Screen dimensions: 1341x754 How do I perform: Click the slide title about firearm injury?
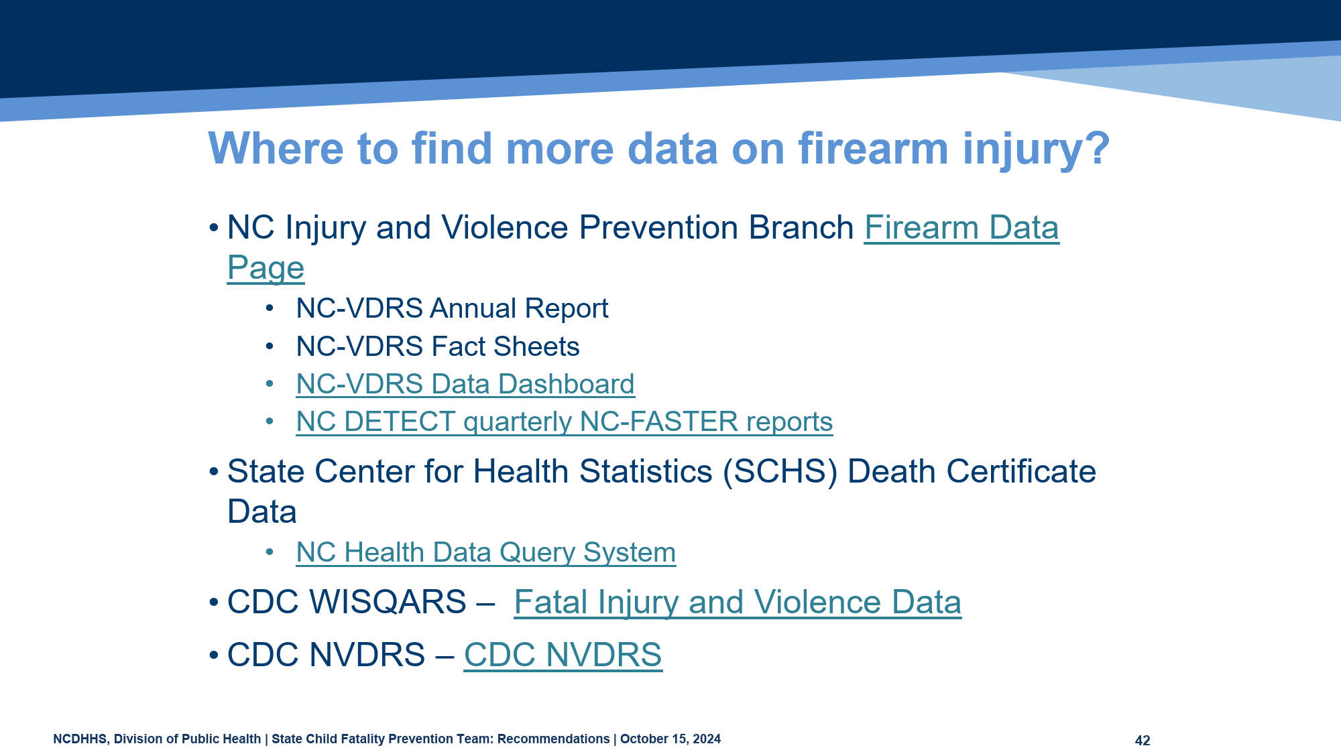pyautogui.click(x=659, y=148)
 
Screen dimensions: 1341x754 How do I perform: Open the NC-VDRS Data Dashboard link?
pyautogui.click(x=465, y=384)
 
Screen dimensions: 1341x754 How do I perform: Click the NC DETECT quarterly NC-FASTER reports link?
pyautogui.click(x=565, y=422)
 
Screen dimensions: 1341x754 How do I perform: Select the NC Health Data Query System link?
pyautogui.click(x=486, y=553)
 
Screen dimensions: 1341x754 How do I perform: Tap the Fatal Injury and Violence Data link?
pyautogui.click(x=738, y=602)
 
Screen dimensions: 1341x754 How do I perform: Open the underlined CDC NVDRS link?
pyautogui.click(x=563, y=655)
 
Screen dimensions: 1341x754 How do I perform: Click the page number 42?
pyautogui.click(x=1143, y=741)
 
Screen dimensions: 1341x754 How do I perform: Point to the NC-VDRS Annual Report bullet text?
pyautogui.click(x=452, y=308)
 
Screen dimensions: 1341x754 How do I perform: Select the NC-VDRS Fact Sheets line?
pyautogui.click(x=438, y=347)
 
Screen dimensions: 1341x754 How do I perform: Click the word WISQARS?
pyautogui.click(x=388, y=602)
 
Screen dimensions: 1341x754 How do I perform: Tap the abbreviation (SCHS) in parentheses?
pyautogui.click(x=780, y=472)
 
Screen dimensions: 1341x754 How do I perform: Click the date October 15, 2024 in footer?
pyautogui.click(x=670, y=739)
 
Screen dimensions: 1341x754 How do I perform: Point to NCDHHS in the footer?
pyautogui.click(x=80, y=739)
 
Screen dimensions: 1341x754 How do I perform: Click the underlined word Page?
pyautogui.click(x=266, y=268)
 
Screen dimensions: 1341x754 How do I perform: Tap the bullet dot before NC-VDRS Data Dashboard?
pyautogui.click(x=270, y=384)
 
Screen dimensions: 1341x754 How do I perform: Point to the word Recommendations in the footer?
pyautogui.click(x=554, y=739)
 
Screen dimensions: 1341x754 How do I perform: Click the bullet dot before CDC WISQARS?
pyautogui.click(x=214, y=602)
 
